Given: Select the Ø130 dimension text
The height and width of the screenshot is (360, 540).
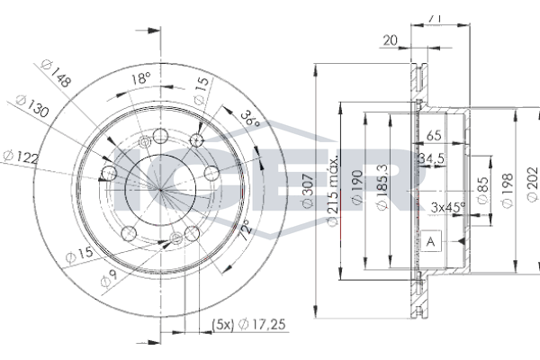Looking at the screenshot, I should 30,108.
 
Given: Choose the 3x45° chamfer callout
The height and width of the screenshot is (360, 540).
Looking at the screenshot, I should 447,207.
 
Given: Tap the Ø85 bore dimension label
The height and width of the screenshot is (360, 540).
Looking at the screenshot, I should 483,189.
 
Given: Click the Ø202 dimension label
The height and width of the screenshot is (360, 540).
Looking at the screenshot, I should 532,190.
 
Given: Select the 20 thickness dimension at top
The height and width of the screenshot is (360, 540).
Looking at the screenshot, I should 390,40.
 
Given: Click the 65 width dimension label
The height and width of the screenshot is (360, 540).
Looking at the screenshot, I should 434,136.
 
